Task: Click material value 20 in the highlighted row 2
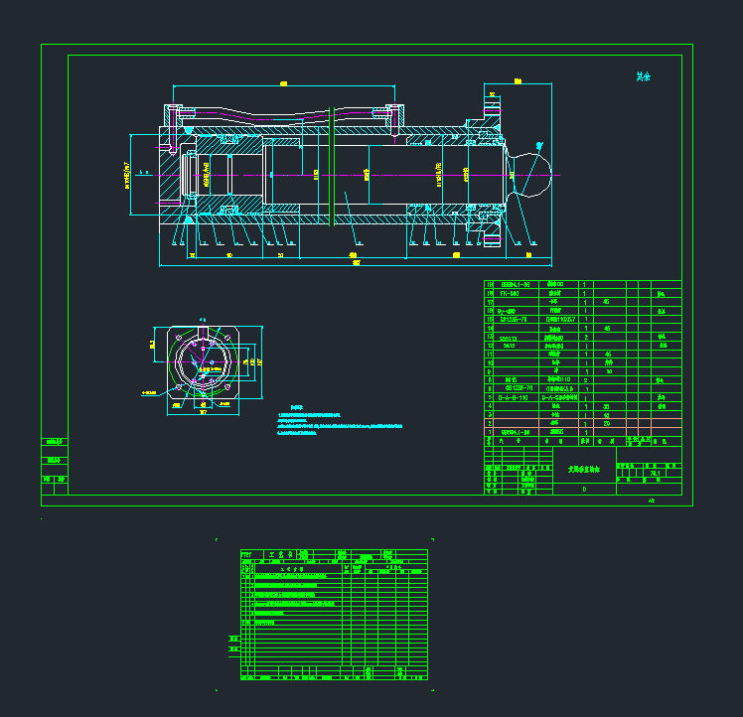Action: point(607,423)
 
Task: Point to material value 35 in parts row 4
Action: point(607,406)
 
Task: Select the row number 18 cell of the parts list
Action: point(490,285)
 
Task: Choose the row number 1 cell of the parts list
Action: point(490,432)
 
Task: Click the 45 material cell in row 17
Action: point(607,302)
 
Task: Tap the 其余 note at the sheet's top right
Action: point(644,76)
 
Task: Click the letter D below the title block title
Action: point(584,489)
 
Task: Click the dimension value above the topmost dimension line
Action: point(284,83)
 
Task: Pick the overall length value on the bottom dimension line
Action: point(356,262)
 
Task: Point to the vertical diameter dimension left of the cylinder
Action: point(127,174)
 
